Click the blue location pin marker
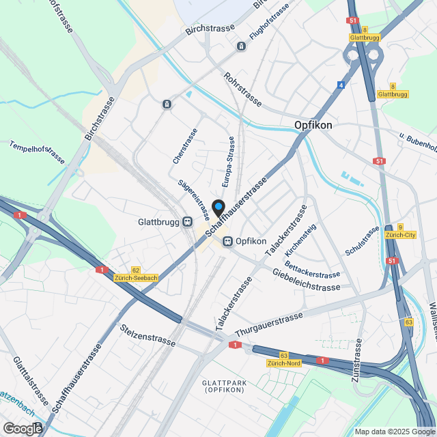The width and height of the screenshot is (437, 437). click(218, 207)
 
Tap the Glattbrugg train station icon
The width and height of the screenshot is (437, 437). click(186, 222)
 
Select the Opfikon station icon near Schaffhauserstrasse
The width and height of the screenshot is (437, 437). click(227, 241)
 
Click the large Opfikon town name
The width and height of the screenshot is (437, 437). click(313, 125)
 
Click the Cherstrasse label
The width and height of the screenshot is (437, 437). click(185, 145)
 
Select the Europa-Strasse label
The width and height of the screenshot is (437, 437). click(230, 162)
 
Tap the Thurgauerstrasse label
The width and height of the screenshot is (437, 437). click(268, 325)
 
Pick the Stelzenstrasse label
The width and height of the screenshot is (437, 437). click(147, 335)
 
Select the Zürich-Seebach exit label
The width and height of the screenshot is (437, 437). click(136, 278)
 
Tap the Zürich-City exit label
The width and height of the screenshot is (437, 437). click(401, 235)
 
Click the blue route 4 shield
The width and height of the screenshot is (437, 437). click(341, 85)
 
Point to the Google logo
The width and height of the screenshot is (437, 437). click(23, 428)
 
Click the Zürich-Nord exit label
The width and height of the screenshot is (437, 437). click(283, 363)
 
